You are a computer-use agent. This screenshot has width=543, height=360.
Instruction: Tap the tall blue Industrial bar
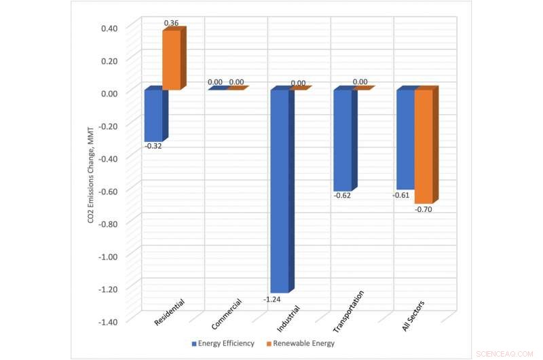(280, 190)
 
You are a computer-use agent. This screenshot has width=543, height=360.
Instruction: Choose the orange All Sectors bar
(424, 146)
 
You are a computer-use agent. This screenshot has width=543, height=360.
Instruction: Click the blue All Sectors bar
(405, 139)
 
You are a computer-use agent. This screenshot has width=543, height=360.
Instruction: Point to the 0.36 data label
(171, 23)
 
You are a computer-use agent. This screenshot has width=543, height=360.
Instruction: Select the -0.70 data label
(423, 209)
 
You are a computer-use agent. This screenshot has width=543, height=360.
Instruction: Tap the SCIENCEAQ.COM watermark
(506, 353)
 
